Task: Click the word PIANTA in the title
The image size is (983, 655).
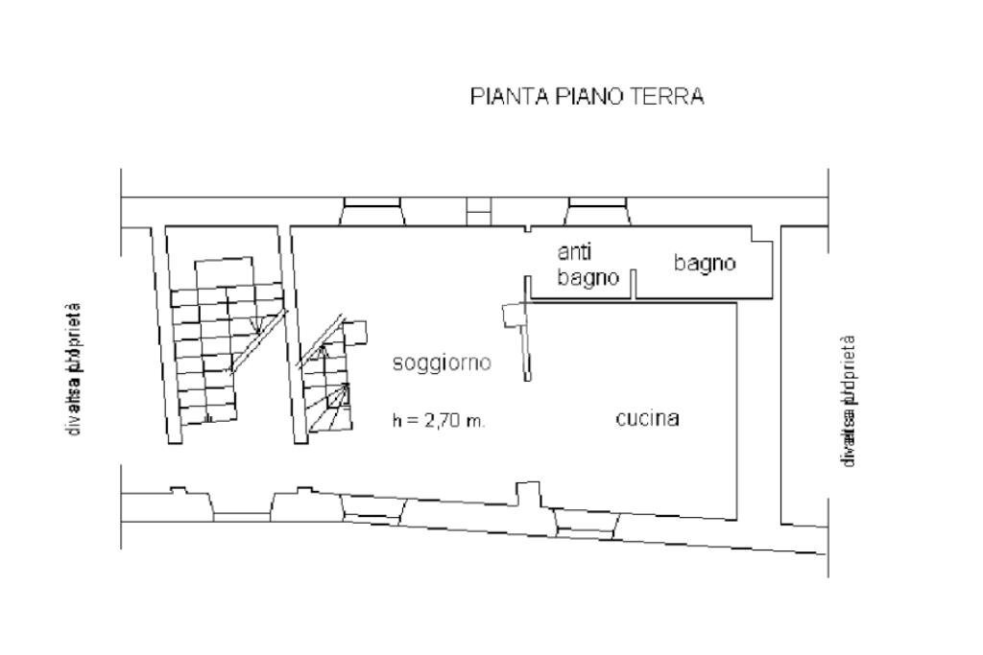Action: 506,97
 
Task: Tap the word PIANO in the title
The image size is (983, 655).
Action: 586,97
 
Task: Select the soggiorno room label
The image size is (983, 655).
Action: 443,363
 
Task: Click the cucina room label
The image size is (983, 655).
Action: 648,419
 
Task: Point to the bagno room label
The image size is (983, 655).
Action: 705,263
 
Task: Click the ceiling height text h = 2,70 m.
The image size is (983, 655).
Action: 439,421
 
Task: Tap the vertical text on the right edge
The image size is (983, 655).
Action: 847,401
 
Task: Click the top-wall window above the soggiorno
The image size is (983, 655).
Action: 373,212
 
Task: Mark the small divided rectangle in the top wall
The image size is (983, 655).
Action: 479,211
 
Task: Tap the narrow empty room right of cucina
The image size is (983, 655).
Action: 804,374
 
